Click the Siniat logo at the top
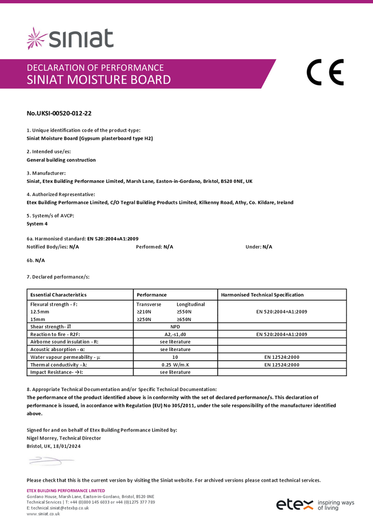(x=70, y=38)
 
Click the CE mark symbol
(x=325, y=73)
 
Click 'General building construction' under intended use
(x=61, y=160)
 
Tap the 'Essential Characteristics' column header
(x=59, y=295)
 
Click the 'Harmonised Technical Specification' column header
(x=262, y=295)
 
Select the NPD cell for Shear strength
(x=175, y=327)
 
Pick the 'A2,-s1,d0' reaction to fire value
(x=175, y=334)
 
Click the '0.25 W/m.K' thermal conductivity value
(x=175, y=365)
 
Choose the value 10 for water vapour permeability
(x=175, y=357)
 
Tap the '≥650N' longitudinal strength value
(x=184, y=319)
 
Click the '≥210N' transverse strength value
(x=144, y=312)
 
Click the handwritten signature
(x=51, y=462)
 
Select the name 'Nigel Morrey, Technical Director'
(x=63, y=438)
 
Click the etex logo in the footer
(x=295, y=505)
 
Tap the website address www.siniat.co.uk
(x=43, y=513)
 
